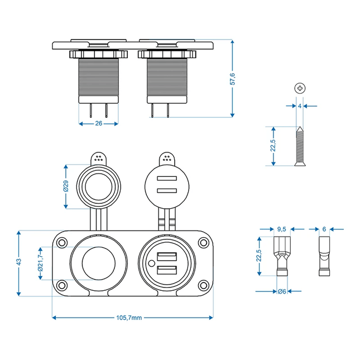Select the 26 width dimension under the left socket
99,123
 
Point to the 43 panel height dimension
19,261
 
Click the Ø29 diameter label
66,186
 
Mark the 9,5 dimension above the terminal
281,229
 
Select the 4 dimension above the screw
300,105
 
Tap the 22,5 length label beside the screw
273,146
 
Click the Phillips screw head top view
300,88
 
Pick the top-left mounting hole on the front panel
62,243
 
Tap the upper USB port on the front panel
166,257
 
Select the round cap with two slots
166,186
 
